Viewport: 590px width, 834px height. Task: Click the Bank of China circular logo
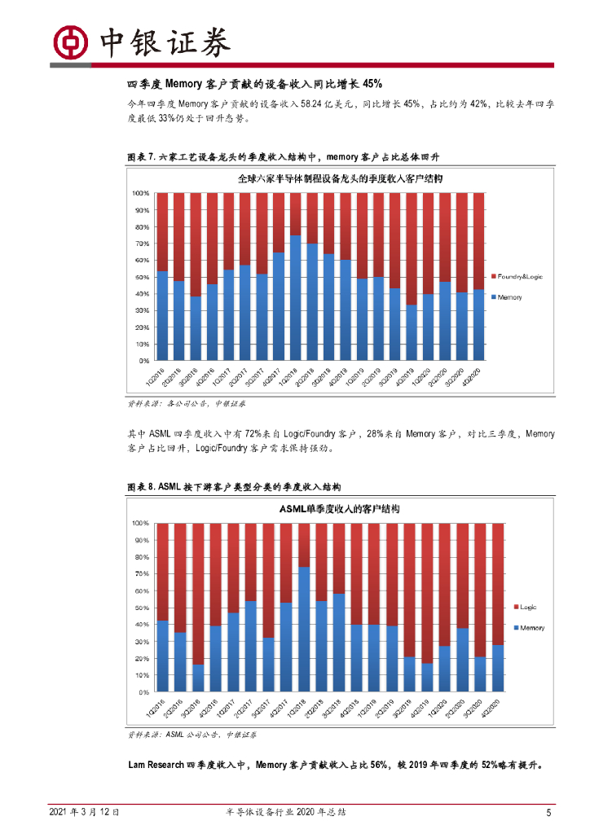(70, 42)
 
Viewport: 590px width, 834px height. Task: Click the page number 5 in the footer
(548, 813)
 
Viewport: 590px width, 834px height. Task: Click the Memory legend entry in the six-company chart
(509, 297)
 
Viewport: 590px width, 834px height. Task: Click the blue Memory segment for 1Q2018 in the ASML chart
(304, 629)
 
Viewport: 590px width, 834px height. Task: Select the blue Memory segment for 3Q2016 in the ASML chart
(198, 678)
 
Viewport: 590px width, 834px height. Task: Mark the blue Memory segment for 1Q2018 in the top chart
(295, 298)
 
